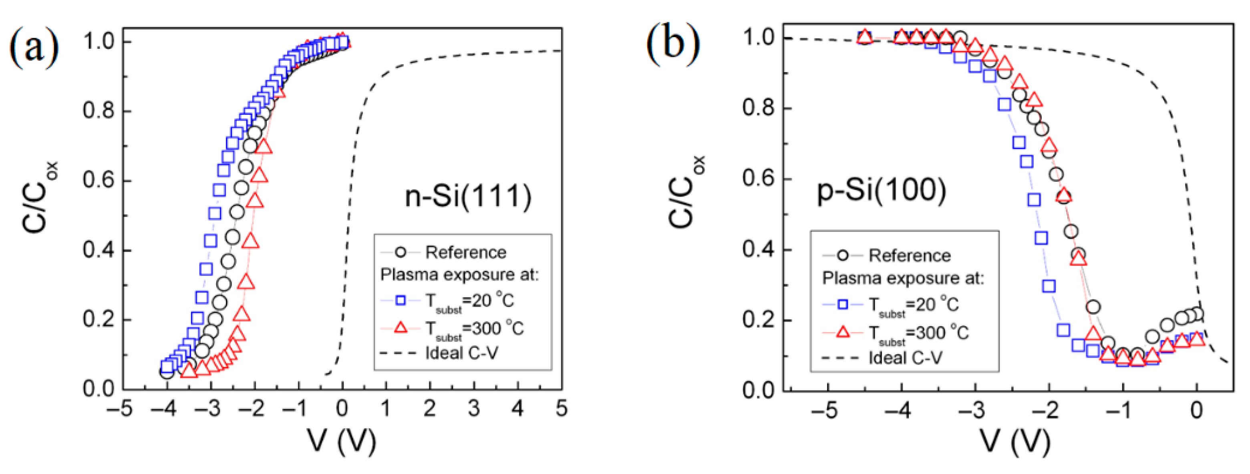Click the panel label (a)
point(34,48)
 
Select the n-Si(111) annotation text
point(468,197)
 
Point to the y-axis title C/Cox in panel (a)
point(40,197)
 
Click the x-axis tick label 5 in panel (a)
point(562,409)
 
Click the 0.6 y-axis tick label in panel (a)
point(99,181)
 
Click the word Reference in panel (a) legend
point(465,252)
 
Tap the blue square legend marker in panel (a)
point(401,300)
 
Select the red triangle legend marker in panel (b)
point(843,332)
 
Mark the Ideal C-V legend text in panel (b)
point(905,358)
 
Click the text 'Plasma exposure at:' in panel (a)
point(459,275)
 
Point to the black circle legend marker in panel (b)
point(843,255)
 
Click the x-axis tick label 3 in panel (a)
point(473,409)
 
